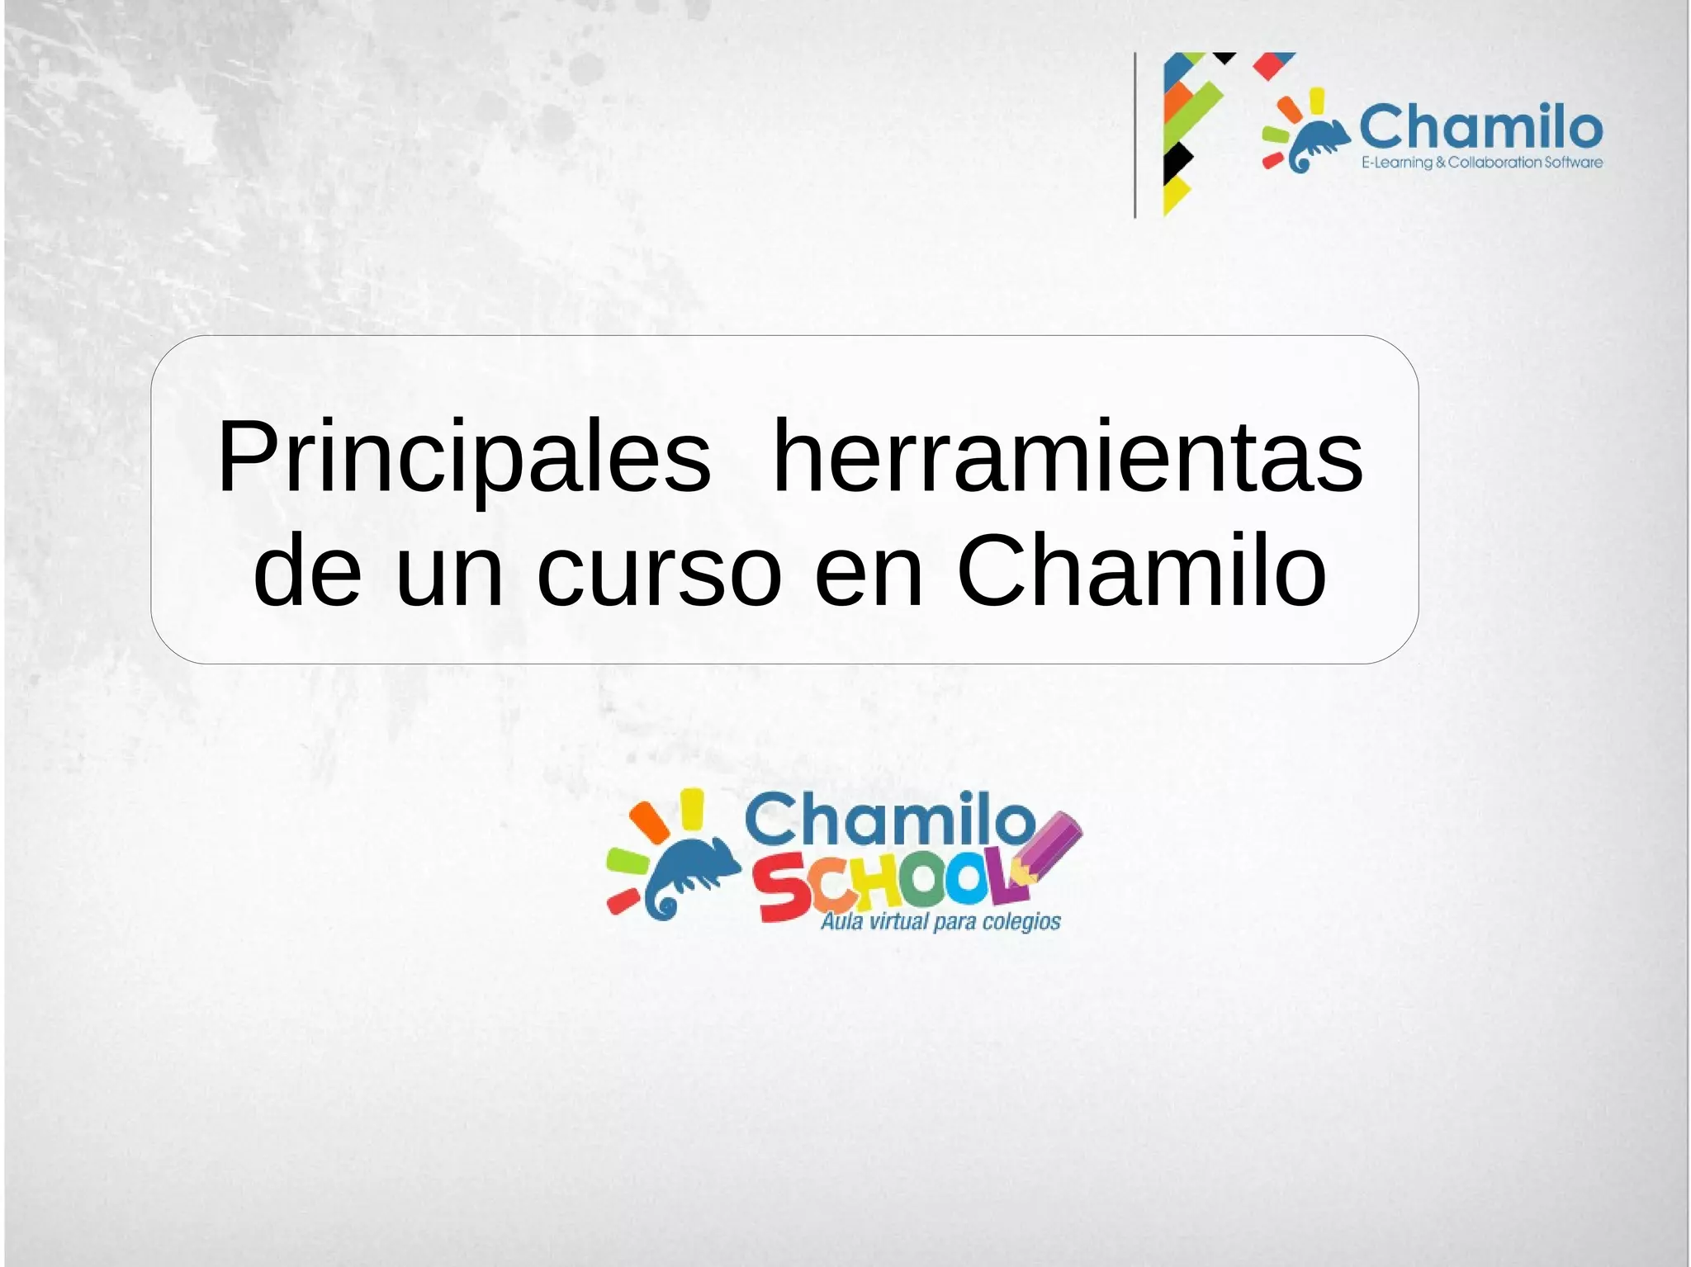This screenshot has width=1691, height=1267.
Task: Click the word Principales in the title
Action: pyautogui.click(x=462, y=458)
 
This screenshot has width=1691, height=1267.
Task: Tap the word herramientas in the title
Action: pyautogui.click(x=1067, y=458)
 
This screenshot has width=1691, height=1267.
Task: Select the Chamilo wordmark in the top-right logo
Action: pyautogui.click(x=1480, y=127)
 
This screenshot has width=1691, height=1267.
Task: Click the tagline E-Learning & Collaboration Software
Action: pyautogui.click(x=1482, y=163)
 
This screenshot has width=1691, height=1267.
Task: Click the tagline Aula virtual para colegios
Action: pyautogui.click(x=940, y=921)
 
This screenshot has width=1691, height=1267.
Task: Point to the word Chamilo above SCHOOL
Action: pyautogui.click(x=889, y=820)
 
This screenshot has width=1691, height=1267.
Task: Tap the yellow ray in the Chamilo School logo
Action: pyautogui.click(x=691, y=806)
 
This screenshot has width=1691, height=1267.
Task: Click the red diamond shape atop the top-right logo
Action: pyautogui.click(x=1272, y=64)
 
